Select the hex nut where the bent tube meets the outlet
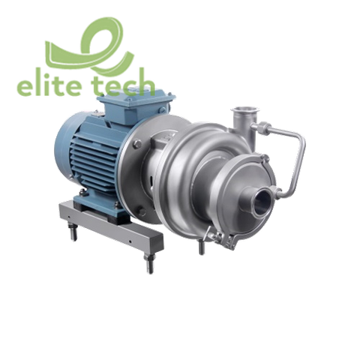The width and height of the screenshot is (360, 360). (264, 125)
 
